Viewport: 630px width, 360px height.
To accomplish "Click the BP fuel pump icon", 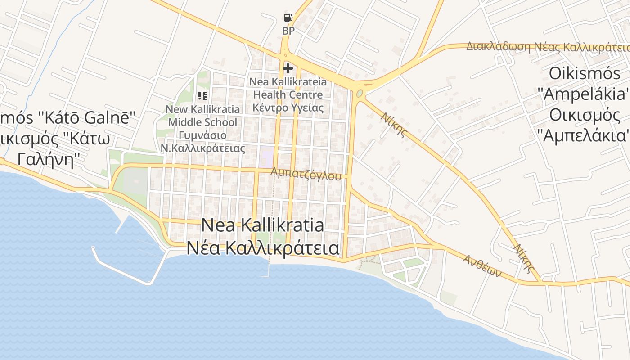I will point(288,18).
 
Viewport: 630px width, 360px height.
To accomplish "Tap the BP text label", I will point(288,31).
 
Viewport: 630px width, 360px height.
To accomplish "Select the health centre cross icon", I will point(288,68).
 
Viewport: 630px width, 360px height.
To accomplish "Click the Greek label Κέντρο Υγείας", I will point(288,108).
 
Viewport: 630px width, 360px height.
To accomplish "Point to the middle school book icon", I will point(202,95).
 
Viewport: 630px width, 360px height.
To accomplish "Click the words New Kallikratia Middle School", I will point(202,116).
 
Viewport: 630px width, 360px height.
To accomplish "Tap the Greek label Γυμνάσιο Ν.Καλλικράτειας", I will point(202,142).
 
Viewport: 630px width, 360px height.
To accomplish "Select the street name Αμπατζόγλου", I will point(306,174).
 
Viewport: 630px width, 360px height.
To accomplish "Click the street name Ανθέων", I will point(482,266).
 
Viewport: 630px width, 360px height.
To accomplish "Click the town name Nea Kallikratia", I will point(262,225).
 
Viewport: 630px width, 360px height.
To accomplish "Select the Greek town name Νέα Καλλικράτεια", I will point(263,247).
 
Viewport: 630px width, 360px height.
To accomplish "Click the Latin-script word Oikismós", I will point(585,73).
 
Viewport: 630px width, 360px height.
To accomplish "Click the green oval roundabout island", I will point(360,94).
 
